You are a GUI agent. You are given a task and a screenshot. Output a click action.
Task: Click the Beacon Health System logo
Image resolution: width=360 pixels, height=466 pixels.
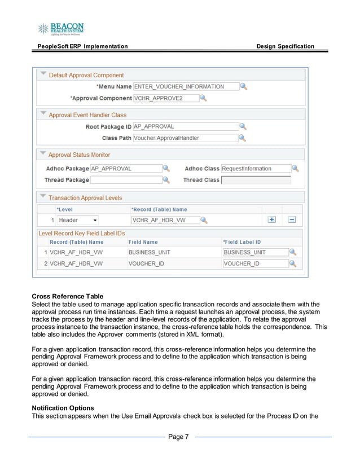(60, 29)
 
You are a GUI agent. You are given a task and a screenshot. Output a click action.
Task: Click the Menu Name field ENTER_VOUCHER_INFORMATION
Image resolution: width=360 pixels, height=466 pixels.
(185, 86)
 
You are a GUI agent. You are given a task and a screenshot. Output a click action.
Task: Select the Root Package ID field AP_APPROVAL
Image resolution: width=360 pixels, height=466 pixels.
(185, 127)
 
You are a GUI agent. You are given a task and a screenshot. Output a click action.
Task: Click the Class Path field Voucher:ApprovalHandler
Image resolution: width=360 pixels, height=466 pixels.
(185, 138)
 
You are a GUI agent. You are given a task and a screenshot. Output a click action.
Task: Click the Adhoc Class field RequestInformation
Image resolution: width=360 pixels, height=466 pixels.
(255, 169)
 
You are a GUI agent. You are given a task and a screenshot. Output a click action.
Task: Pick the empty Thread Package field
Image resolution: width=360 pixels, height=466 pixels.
(125, 180)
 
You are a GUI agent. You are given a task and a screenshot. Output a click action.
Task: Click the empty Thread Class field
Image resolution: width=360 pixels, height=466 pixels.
(256, 180)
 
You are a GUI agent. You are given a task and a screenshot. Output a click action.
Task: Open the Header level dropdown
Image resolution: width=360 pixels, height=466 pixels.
(78, 220)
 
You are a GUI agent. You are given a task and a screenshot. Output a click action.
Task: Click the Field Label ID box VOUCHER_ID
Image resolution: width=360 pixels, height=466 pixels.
(254, 263)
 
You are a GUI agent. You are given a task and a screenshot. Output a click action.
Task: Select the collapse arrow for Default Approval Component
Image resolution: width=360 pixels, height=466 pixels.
(42, 74)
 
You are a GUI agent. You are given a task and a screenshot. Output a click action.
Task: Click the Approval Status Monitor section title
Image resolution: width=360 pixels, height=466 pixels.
(79, 155)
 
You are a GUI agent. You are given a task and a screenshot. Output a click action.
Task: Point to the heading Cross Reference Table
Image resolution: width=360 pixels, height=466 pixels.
(67, 296)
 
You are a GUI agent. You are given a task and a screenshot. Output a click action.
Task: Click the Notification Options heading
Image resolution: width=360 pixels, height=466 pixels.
(63, 407)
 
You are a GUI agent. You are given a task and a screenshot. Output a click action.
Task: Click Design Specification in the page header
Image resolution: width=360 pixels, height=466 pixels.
(285, 46)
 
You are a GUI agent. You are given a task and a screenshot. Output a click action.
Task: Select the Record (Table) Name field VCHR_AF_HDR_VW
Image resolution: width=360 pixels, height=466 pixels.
(165, 220)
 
